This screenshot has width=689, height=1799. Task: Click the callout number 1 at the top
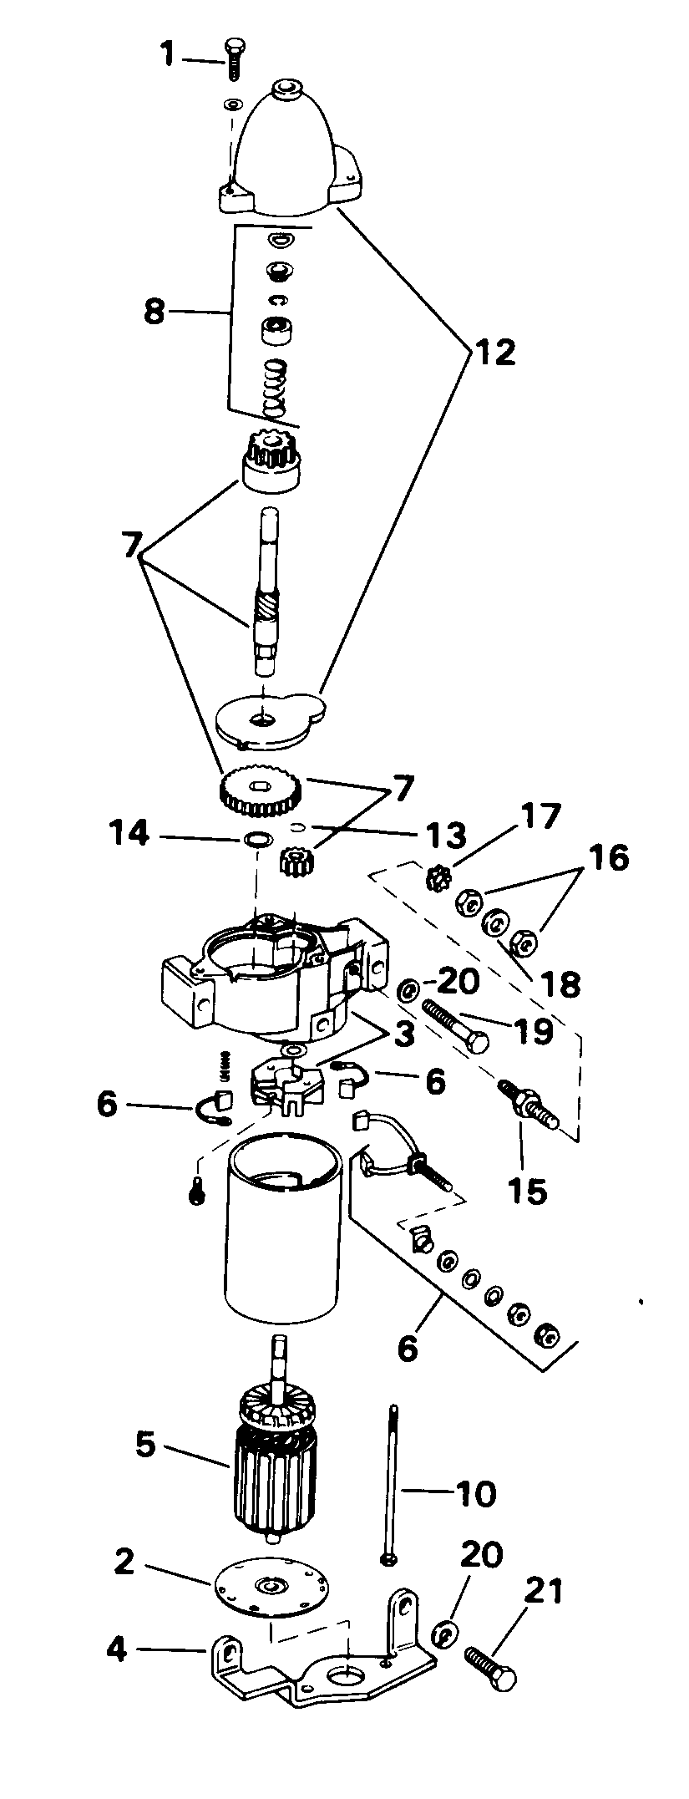168,56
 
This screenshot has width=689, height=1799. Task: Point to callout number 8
155,312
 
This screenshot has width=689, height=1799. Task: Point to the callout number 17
540,816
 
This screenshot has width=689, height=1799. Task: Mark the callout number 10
477,1493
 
